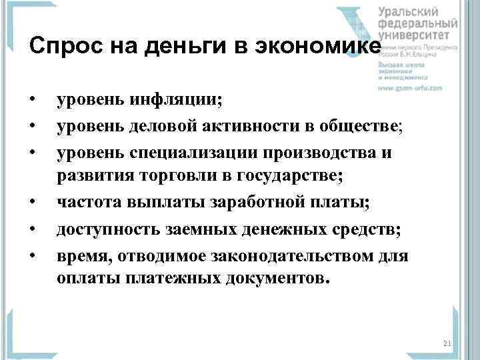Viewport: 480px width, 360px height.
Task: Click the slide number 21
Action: pyautogui.click(x=447, y=343)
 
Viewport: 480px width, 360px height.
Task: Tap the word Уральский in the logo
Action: pyautogui.click(x=409, y=11)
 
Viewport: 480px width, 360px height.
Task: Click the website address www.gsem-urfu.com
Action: pyautogui.click(x=411, y=87)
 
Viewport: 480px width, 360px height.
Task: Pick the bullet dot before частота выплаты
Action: pyautogui.click(x=32, y=200)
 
